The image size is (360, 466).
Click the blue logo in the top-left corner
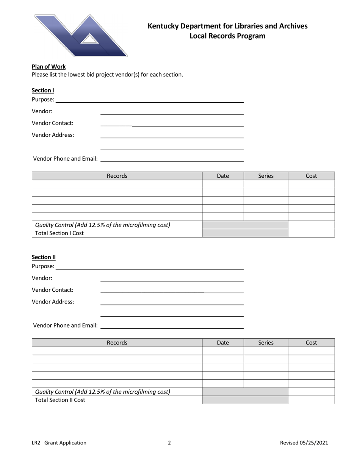pyautogui.click(x=81, y=36)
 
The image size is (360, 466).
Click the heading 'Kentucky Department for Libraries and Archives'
pyautogui.click(x=227, y=26)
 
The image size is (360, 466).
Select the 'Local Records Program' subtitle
pyautogui.click(x=227, y=36)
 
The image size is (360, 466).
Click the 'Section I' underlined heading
pyautogui.click(x=43, y=90)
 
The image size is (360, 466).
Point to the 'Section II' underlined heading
pyautogui.click(x=44, y=257)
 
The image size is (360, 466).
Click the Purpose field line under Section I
pyautogui.click(x=149, y=100)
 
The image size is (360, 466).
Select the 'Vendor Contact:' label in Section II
pyautogui.click(x=53, y=290)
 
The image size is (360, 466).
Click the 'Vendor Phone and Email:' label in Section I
pyautogui.click(x=66, y=158)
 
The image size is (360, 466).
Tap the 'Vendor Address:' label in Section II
pyautogui.click(x=53, y=302)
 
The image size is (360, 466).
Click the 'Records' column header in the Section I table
pyautogui.click(x=117, y=176)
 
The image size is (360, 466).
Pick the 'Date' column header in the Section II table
pyautogui.click(x=223, y=343)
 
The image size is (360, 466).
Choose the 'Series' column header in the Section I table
pyautogui.click(x=266, y=176)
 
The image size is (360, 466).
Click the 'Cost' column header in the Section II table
pyautogui.click(x=311, y=343)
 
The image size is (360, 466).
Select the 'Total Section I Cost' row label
pyautogui.click(x=59, y=233)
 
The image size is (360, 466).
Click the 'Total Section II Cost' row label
pyautogui.click(x=60, y=400)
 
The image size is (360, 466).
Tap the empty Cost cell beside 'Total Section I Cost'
pyautogui.click(x=311, y=233)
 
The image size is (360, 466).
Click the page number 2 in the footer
pyautogui.click(x=169, y=443)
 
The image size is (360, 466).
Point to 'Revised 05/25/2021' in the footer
pyautogui.click(x=304, y=443)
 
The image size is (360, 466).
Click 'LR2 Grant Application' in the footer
pyautogui.click(x=59, y=443)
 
